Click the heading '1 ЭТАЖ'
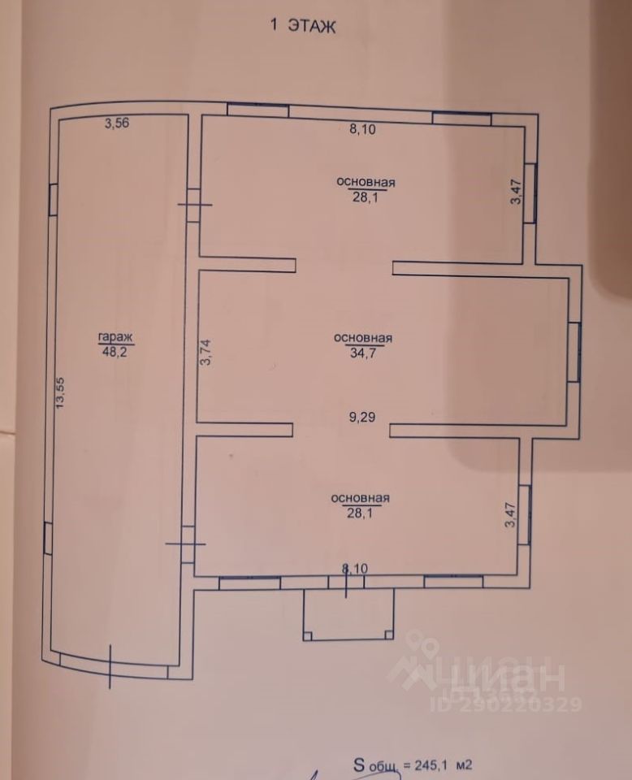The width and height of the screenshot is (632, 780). click(x=302, y=26)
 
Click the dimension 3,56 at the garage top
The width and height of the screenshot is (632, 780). click(x=117, y=123)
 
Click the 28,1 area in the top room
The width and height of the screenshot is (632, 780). click(x=366, y=195)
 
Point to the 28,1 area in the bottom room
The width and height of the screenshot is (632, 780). click(x=361, y=512)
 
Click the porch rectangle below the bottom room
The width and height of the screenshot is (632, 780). click(x=348, y=617)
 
